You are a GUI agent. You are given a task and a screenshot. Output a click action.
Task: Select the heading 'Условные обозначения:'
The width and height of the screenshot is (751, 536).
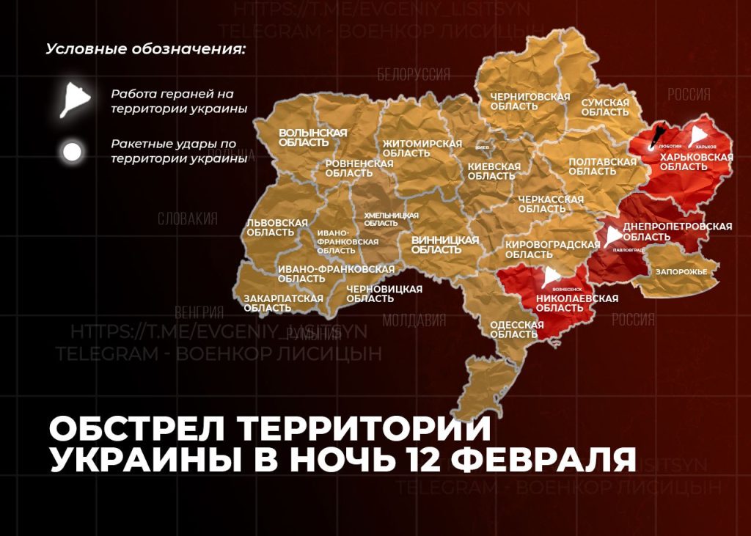(x=145, y=50)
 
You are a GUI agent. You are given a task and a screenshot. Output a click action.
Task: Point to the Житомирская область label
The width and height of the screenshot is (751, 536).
(x=422, y=148)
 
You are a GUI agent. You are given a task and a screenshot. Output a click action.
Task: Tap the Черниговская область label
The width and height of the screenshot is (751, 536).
(x=520, y=101)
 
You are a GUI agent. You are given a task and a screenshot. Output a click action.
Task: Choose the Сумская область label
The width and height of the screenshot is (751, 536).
(x=605, y=107)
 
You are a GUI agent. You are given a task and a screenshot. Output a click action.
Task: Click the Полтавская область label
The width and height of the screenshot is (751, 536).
(x=602, y=166)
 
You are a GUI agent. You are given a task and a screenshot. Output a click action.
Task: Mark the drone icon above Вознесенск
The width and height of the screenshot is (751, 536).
(x=552, y=276)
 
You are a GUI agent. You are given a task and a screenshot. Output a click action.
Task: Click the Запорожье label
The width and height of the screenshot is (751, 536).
(x=681, y=272)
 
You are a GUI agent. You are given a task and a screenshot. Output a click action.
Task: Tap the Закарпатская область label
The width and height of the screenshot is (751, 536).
(x=283, y=303)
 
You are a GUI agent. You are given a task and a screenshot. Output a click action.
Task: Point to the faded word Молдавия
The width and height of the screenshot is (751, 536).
(x=414, y=320)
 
